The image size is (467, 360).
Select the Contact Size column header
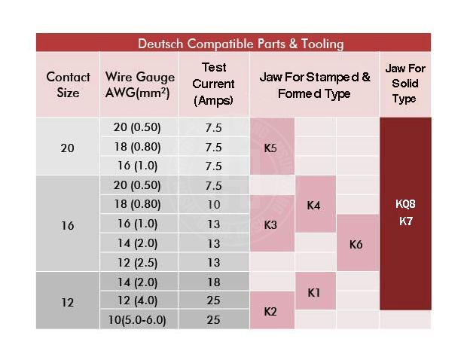coord(68,84)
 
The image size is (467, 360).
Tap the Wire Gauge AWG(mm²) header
coord(140,84)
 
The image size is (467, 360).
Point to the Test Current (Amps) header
coord(213,84)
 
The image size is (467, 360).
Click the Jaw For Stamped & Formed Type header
coord(314,85)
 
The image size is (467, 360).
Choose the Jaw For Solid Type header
coord(405,84)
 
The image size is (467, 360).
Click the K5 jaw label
coord(271,148)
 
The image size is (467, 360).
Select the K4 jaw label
coord(314,205)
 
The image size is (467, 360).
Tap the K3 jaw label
coord(271,224)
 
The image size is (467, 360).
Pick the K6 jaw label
coord(357,244)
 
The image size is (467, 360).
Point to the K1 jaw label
coord(314,292)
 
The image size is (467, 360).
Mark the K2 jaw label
coord(271,311)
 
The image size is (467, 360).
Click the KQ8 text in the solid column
coord(405,204)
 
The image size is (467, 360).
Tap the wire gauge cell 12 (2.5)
coord(140,263)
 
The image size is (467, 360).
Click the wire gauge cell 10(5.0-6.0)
coord(140,320)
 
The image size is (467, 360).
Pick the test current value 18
coord(213,282)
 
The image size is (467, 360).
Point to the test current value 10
coord(213,205)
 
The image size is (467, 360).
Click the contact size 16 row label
coord(68,224)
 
